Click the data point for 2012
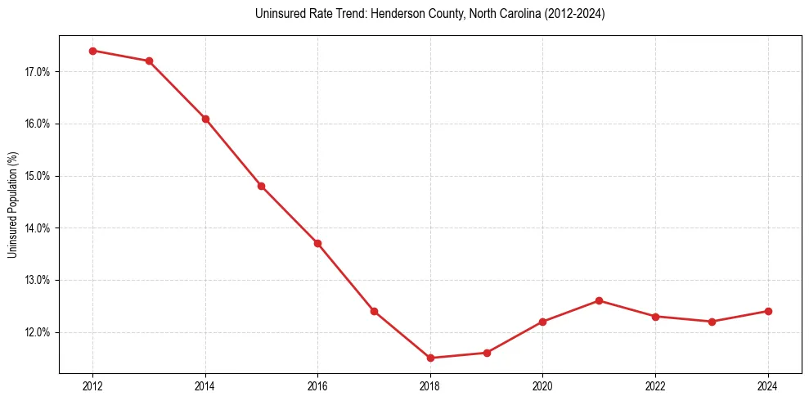click(x=92, y=51)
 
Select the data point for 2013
click(x=149, y=61)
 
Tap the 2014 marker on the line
click(x=205, y=119)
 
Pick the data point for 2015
click(x=262, y=186)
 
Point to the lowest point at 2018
click(x=430, y=358)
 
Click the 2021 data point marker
click(x=599, y=300)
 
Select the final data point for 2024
click(x=768, y=311)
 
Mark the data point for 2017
click(x=374, y=311)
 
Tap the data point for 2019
click(x=487, y=353)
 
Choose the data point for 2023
click(x=712, y=322)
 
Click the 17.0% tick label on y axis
click(x=38, y=72)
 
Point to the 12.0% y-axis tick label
click(x=38, y=332)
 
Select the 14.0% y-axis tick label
click(x=38, y=228)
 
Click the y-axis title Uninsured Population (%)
click(x=13, y=205)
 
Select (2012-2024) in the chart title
click(x=575, y=14)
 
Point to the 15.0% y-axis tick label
click(x=38, y=176)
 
